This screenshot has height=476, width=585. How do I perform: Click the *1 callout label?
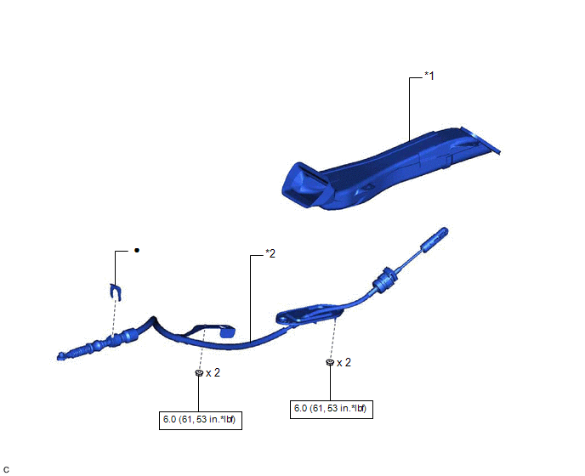click(429, 76)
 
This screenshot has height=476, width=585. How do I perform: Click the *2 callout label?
click(270, 253)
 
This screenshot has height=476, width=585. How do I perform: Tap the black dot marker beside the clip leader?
click(137, 250)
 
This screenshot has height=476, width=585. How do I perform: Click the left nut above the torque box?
click(199, 372)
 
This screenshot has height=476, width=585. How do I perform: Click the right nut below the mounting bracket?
click(330, 362)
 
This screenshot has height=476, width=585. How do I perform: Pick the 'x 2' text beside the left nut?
click(213, 372)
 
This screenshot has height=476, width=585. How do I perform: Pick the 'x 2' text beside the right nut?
click(344, 363)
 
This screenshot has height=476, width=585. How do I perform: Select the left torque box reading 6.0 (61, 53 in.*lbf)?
click(201, 421)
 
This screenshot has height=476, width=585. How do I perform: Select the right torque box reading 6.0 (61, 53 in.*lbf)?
click(332, 409)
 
